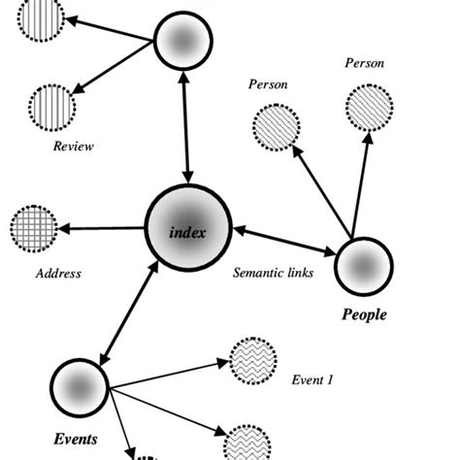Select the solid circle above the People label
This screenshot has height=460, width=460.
(363, 265)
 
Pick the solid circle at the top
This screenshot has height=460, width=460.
(182, 42)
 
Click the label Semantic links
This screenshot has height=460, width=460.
(273, 273)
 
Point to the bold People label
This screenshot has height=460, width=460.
(364, 314)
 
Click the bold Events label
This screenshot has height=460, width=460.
(76, 439)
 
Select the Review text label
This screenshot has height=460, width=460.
(73, 147)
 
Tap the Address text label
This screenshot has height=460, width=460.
(57, 274)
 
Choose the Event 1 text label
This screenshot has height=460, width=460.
(312, 380)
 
